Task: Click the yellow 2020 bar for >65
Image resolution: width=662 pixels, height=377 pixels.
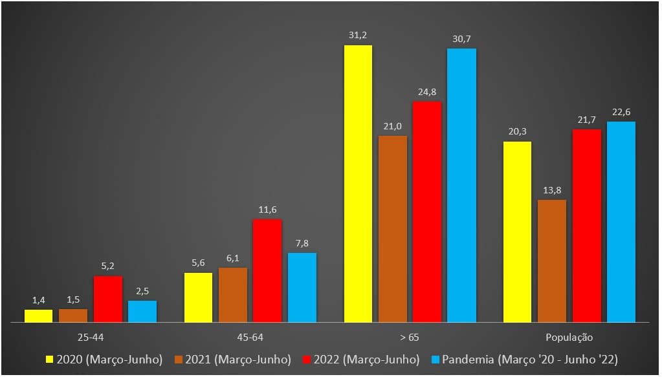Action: click(358, 184)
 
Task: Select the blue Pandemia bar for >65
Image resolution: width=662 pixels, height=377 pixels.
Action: click(461, 185)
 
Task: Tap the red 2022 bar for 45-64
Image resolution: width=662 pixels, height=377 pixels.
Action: click(267, 270)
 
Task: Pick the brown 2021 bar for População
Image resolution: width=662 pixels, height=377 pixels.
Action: click(552, 261)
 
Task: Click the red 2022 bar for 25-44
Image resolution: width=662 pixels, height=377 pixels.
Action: click(108, 299)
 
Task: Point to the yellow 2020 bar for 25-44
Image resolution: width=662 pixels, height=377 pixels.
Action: click(39, 316)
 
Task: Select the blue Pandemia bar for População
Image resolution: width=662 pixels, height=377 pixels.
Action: click(621, 222)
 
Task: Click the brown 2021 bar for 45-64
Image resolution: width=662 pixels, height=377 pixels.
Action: click(233, 295)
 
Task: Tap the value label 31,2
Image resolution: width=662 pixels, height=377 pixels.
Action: click(358, 35)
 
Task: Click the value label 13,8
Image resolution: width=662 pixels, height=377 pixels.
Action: click(552, 189)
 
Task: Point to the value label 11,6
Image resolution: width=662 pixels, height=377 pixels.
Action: click(267, 210)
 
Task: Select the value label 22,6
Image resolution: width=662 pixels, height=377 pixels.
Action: click(621, 111)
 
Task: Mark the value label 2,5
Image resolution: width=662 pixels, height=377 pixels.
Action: click(142, 290)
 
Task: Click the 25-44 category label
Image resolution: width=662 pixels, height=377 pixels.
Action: click(91, 338)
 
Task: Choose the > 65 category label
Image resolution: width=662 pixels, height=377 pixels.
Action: click(410, 338)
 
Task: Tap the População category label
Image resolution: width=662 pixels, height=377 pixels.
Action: click(569, 338)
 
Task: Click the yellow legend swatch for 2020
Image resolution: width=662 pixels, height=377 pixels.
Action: click(49, 360)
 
